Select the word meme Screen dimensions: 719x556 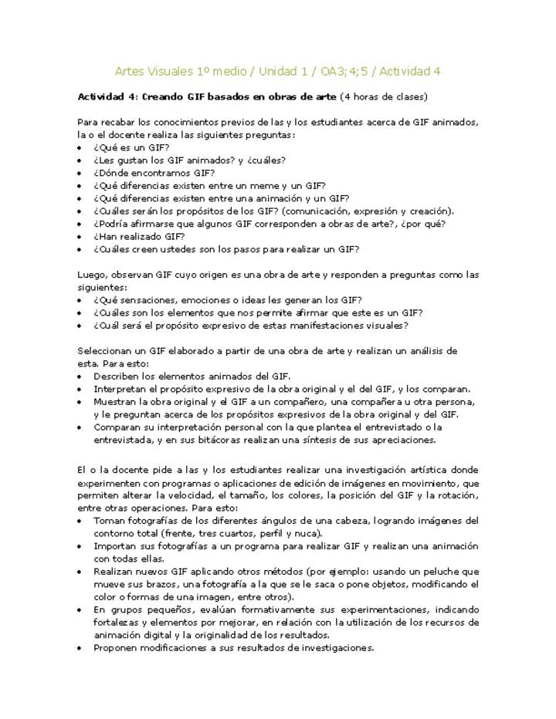[266, 186]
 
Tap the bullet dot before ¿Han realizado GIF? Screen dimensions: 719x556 [82, 237]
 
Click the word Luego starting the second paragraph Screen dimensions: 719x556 [92, 275]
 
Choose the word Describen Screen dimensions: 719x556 [117, 376]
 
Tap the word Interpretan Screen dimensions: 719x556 [120, 390]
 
